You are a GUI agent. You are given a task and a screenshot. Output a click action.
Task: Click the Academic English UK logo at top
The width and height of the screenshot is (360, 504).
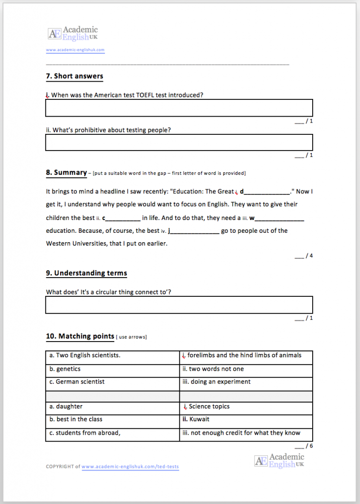point(72,33)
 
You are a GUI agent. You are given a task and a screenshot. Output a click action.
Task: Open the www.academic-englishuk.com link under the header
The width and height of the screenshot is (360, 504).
point(75,50)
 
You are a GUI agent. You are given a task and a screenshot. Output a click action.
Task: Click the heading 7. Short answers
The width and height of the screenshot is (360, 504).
point(74,76)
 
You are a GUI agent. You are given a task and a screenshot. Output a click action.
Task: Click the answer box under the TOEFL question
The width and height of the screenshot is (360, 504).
point(179,108)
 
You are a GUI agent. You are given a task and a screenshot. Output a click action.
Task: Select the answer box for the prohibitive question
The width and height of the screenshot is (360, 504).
point(179,142)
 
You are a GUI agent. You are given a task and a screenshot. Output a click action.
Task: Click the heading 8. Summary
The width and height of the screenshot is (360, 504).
point(66,172)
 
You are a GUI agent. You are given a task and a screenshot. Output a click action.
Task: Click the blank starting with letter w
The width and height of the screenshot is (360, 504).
point(278,218)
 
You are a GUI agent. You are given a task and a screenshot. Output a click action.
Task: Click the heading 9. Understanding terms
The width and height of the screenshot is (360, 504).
point(86,273)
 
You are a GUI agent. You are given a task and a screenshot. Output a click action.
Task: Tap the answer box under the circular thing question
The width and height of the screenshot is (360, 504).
point(179,305)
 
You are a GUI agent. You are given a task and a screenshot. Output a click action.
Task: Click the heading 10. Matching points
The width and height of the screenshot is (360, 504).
point(80,337)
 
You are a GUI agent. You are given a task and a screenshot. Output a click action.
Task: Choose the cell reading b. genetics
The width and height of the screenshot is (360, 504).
point(112,369)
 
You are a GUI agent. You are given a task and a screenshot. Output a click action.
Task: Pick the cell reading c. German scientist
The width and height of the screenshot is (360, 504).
point(112,382)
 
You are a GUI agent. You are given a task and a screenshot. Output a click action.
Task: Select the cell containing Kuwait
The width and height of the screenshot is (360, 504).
point(246,419)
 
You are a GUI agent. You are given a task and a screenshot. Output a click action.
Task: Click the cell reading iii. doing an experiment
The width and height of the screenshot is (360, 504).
point(246,382)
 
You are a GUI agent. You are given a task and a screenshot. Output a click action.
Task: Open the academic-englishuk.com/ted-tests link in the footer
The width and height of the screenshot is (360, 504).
point(130,467)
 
